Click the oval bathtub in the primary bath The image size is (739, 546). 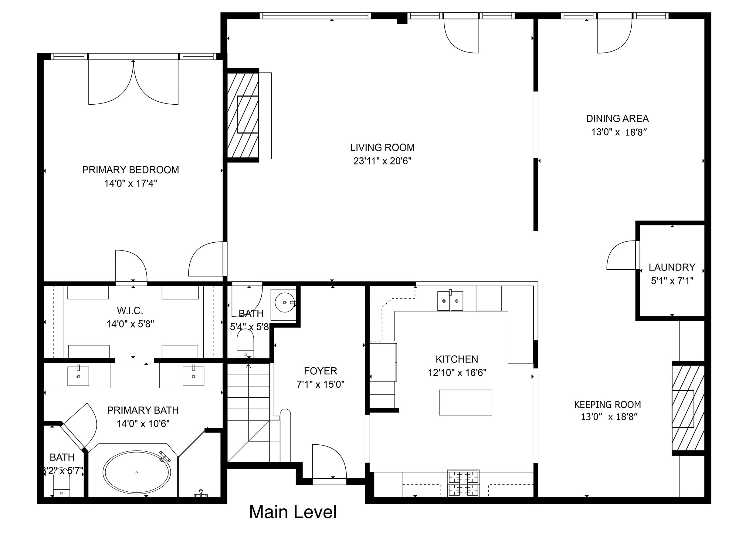click(137, 472)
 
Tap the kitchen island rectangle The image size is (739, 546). click(465, 402)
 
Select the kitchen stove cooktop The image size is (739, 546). click(463, 483)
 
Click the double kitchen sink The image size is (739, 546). click(450, 301)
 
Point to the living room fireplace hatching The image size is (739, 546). click(243, 115)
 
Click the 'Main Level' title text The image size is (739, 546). click(293, 512)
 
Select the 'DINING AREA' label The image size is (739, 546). click(617, 118)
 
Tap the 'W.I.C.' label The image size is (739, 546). click(130, 311)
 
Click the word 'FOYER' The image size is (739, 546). click(320, 371)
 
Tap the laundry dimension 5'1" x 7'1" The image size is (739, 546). click(672, 281)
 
